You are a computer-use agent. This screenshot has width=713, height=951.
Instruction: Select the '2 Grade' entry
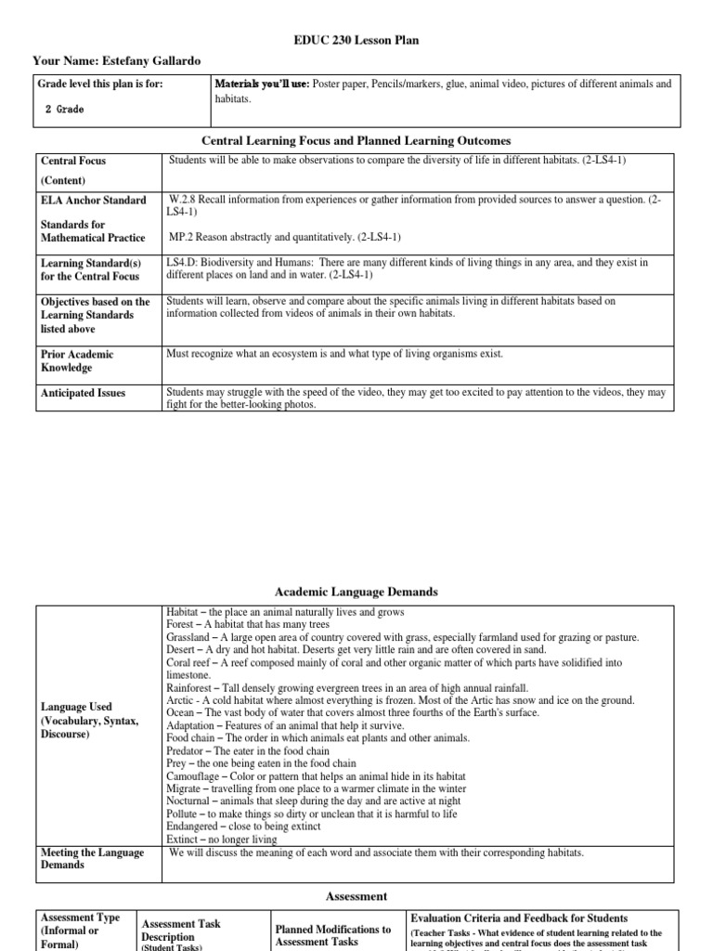tap(64, 110)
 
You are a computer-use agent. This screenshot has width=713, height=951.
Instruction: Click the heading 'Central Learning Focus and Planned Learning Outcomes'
tap(356, 141)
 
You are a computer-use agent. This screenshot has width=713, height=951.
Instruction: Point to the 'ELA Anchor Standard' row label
tap(93, 201)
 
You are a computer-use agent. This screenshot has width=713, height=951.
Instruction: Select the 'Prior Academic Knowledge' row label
tap(79, 360)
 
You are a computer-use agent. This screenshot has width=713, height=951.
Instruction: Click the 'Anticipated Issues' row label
tap(83, 394)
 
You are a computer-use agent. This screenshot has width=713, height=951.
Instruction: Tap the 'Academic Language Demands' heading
tap(356, 593)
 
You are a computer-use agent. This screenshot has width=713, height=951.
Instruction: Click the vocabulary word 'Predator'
tap(188, 751)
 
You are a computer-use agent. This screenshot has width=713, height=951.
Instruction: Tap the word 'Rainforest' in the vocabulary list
tap(190, 688)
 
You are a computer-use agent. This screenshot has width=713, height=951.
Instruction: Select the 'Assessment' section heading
tap(356, 897)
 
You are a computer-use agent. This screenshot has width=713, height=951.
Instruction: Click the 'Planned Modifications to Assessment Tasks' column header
tap(333, 935)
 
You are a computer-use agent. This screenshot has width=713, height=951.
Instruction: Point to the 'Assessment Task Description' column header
tap(181, 931)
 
